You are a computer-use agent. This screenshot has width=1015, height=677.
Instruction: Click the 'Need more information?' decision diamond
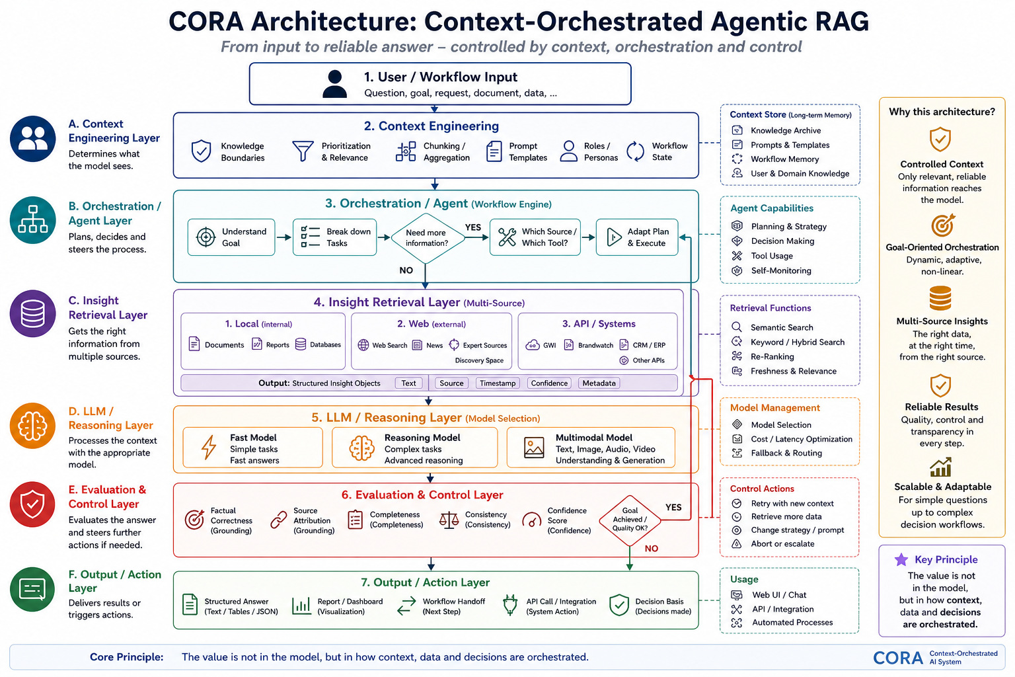tap(427, 238)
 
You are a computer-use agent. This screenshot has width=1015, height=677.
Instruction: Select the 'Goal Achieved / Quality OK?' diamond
tap(630, 520)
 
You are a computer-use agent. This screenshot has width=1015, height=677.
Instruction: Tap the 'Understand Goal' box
tap(231, 237)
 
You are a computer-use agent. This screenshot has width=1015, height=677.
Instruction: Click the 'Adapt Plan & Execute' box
tap(637, 237)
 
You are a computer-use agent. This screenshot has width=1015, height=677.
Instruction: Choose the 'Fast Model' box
tap(253, 448)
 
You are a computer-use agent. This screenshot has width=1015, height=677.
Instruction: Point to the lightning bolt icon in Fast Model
tap(209, 447)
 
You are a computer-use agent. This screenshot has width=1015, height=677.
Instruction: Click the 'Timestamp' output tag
tap(498, 383)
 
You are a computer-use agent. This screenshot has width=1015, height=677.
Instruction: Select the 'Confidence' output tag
tap(549, 383)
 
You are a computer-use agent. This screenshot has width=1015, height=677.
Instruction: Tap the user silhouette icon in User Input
tap(335, 84)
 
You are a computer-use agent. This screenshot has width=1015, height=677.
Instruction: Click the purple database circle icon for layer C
tap(32, 314)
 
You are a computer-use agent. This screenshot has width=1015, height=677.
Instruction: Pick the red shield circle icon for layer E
tap(32, 504)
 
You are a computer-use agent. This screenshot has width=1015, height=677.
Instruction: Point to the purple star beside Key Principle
tap(901, 559)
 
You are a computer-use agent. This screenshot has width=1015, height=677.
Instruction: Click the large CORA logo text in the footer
tap(897, 658)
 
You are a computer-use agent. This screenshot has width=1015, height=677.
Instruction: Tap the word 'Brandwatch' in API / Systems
tap(595, 345)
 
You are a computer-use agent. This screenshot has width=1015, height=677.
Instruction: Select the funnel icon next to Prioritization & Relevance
tap(303, 151)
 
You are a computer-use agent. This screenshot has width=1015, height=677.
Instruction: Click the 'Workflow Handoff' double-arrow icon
tap(406, 606)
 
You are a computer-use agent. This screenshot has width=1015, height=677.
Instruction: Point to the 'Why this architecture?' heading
tap(942, 112)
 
